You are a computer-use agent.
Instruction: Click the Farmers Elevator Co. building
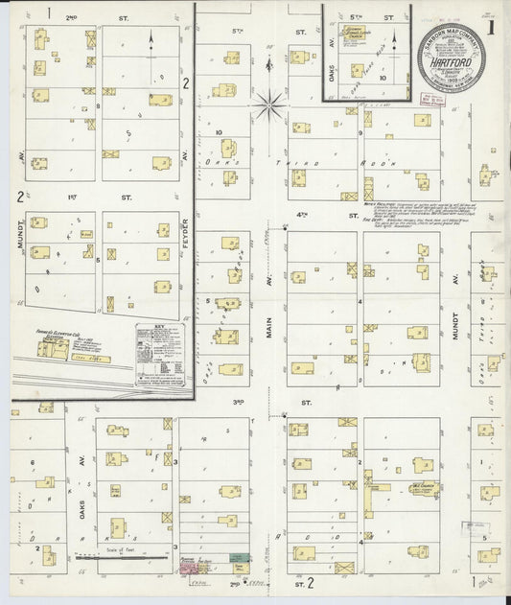(x=53, y=348)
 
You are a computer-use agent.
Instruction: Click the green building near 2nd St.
(x=237, y=557)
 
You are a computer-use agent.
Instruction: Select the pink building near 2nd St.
(x=185, y=568)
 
